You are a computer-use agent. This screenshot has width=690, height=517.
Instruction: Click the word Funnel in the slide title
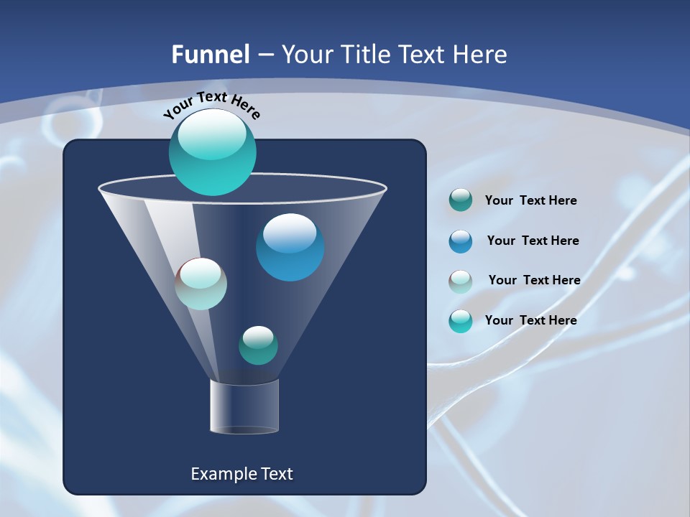pos(211,55)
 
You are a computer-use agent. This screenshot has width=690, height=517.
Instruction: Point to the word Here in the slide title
pos(480,55)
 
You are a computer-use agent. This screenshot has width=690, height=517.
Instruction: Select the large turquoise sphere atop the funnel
pos(213,152)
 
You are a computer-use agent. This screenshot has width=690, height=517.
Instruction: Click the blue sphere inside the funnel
pos(290,247)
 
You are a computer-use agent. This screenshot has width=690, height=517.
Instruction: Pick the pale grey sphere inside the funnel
pos(201,284)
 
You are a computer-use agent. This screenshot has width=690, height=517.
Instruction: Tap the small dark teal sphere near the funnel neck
pos(258,345)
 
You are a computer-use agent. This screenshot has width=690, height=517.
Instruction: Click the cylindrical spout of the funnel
pos(244,406)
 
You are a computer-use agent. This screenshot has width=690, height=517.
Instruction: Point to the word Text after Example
pos(275,474)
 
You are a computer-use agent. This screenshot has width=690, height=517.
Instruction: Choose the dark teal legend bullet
pos(461,200)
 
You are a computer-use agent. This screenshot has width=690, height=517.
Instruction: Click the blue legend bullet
pos(461,241)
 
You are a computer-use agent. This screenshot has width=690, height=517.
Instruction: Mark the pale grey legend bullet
pos(461,281)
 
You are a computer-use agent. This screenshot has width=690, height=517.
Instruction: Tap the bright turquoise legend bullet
pos(461,321)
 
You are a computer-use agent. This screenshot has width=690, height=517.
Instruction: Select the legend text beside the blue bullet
pos(533,241)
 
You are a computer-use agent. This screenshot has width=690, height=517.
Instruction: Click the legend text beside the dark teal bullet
pos(530,200)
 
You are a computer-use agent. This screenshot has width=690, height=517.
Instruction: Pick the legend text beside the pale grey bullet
pos(534,280)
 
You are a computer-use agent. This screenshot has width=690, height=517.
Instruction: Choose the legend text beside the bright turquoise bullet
pos(530,320)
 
